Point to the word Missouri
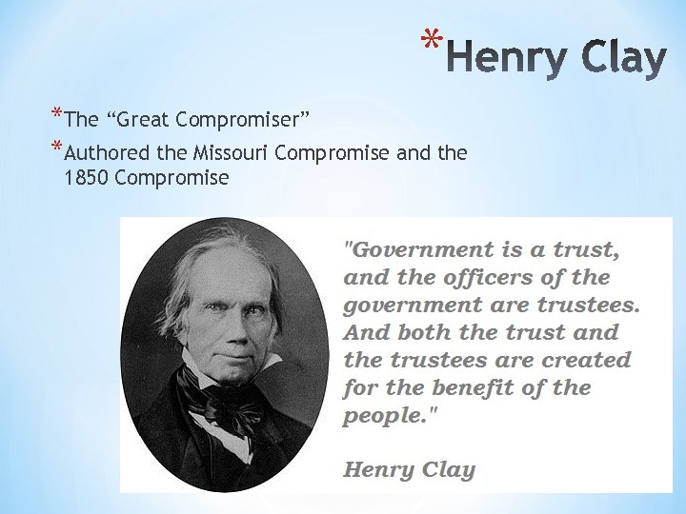click(229, 152)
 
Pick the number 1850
click(85, 177)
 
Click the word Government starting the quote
click(411, 251)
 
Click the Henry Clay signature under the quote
click(409, 469)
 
